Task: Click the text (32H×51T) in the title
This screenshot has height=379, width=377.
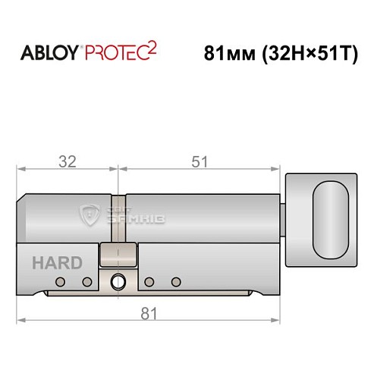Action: coord(309,55)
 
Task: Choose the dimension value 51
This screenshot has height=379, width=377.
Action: coord(199,161)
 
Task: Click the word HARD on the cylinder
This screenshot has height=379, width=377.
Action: coord(58,263)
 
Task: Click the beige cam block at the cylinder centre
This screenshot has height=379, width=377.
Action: coord(118,255)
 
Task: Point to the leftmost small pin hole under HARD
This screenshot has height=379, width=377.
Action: coord(59,282)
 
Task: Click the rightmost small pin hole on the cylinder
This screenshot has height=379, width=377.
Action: coord(176,282)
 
